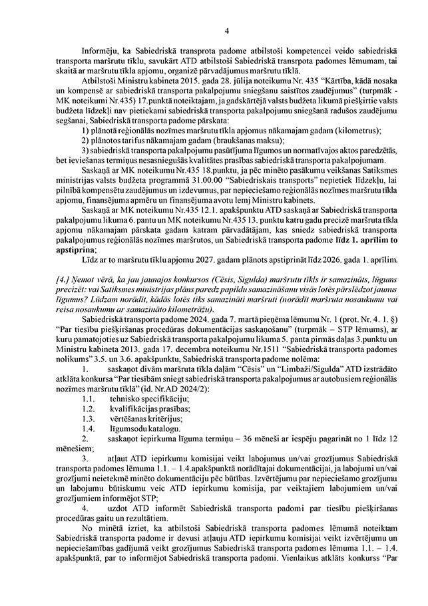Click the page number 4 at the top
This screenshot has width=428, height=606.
tap(227, 31)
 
